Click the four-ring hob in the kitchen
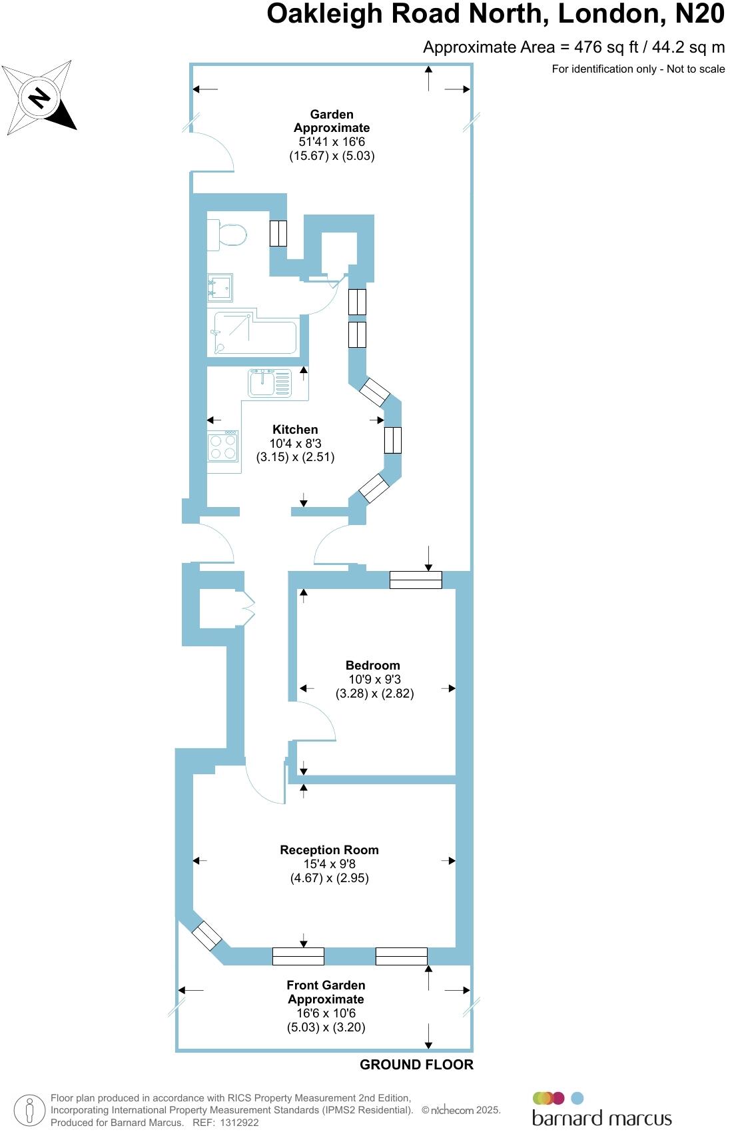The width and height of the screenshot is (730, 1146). point(222,446)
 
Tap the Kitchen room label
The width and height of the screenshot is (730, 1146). point(295,430)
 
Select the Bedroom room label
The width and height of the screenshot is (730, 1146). point(372,665)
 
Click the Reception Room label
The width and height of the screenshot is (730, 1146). point(329,850)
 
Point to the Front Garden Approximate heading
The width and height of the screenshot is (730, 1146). point(326,991)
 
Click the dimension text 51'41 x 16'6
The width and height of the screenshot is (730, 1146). point(332,142)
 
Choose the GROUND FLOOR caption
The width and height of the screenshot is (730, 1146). point(416,1065)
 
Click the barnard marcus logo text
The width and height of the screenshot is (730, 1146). point(601,1117)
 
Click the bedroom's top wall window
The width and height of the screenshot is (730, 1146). point(416,580)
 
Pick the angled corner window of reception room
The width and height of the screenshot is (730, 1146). point(206,935)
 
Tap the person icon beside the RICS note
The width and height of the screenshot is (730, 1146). point(29,1111)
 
